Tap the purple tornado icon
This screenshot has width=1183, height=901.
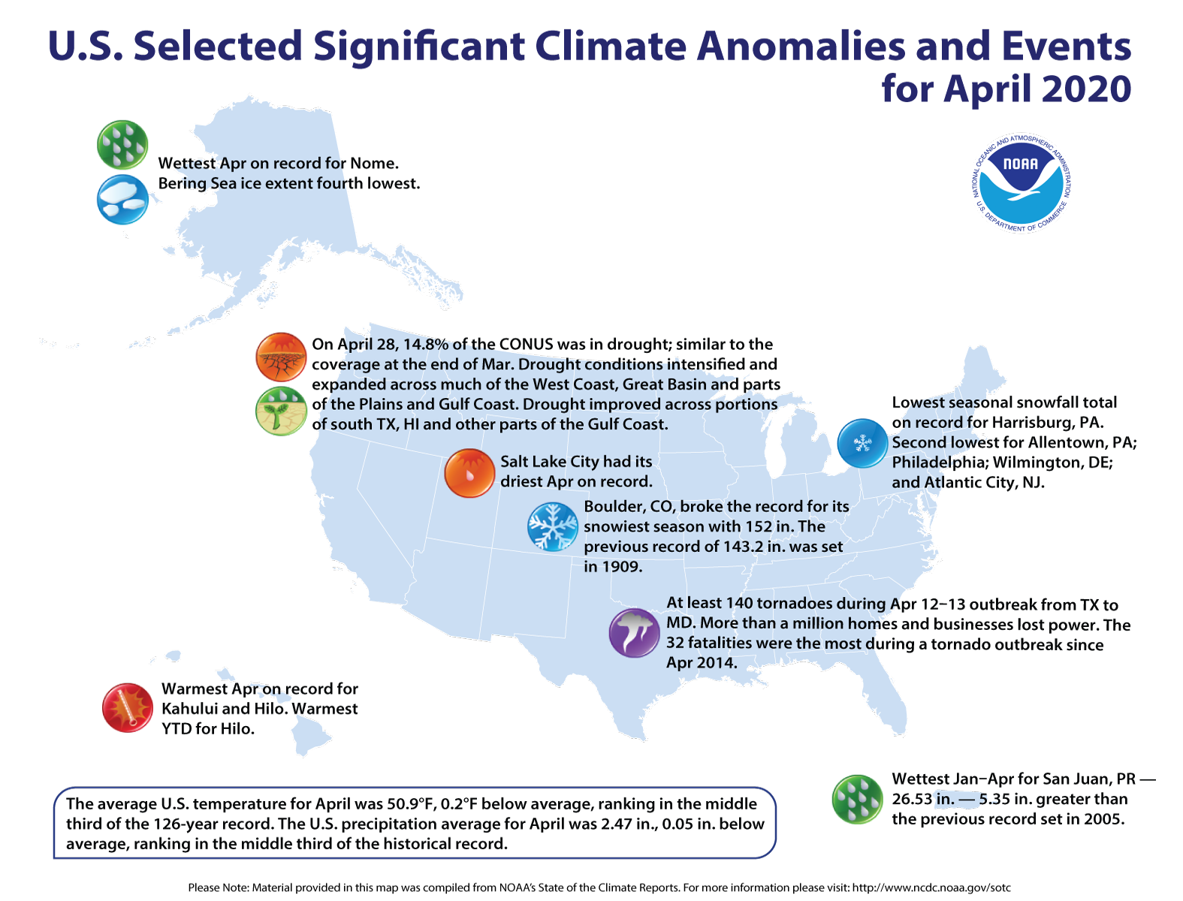tap(634, 632)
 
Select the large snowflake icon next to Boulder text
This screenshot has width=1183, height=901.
tap(552, 526)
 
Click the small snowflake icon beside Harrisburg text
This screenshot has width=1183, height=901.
tap(862, 443)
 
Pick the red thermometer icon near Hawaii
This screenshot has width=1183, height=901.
tap(128, 707)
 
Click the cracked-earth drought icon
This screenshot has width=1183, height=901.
tap(281, 357)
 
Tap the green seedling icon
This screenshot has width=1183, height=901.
tap(281, 411)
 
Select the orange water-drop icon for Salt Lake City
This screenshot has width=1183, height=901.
tap(469, 473)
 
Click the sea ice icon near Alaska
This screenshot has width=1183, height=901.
tap(122, 200)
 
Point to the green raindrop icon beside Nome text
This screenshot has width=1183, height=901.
tap(122, 144)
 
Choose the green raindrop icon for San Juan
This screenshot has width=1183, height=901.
tap(857, 799)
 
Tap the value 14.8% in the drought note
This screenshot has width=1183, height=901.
tap(425, 345)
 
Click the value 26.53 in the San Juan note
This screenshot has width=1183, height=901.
tap(912, 799)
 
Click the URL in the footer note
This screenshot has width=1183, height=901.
tap(931, 887)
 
